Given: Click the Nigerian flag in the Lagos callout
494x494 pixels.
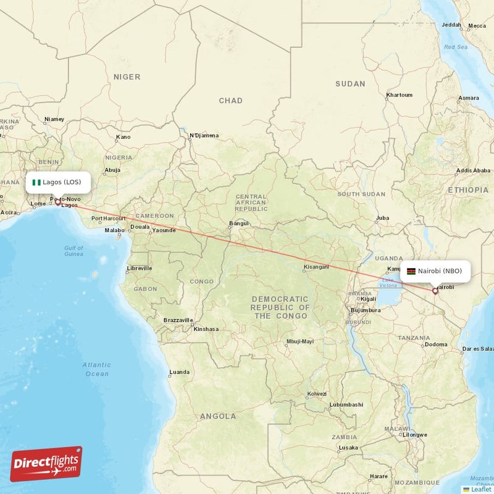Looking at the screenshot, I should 36,182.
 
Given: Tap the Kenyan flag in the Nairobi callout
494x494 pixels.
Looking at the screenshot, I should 411,271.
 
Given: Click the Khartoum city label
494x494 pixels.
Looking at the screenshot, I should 398,95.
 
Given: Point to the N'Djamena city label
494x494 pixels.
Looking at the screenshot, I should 204,135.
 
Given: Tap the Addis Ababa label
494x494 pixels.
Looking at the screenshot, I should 472,170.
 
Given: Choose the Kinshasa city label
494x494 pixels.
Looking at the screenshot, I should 206,329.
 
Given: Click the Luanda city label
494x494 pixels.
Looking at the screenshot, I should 179,372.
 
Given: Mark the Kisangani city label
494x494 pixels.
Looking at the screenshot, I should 316,267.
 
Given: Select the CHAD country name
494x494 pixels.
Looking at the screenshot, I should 230,101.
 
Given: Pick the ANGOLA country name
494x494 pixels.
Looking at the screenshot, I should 217,416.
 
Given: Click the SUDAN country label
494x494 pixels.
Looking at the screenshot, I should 350,84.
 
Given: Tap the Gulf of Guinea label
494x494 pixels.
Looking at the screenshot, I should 73,251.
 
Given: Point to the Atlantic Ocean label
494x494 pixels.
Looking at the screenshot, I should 97,369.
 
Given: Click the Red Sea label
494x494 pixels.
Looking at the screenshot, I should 456,47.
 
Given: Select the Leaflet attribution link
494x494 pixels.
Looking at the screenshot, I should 480,488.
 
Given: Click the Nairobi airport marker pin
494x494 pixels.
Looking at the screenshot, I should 435,290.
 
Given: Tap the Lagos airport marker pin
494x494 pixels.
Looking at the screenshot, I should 58,201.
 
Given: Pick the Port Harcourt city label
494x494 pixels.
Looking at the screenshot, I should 109,219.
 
